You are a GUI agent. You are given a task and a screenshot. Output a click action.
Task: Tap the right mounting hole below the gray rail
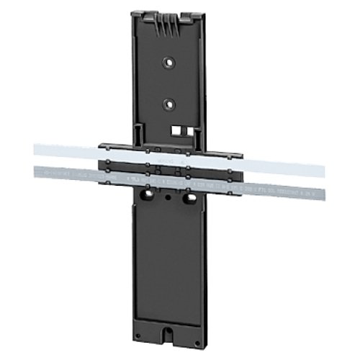[192, 197]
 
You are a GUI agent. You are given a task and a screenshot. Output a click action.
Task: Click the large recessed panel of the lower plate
[171, 266]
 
